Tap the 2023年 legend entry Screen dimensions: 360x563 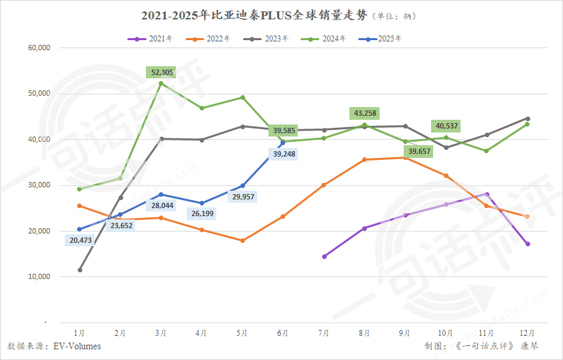[x=265, y=39]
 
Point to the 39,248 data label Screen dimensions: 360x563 [x=283, y=154]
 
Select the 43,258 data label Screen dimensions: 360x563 [x=364, y=113]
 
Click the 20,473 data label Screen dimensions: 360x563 [x=80, y=240]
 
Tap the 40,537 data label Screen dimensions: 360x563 [x=448, y=125]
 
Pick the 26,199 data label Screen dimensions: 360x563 [x=202, y=214]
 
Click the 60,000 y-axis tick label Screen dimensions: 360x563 [x=39, y=48]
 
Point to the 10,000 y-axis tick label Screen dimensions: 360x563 [x=39, y=276]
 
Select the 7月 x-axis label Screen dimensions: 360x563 [x=324, y=333]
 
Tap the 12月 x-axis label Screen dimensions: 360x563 [x=528, y=333]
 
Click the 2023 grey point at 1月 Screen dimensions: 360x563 [x=80, y=270]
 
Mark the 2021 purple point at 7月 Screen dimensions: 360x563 [x=324, y=256]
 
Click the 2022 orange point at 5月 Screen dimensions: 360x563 [x=242, y=240]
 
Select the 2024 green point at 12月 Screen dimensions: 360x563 [x=528, y=124]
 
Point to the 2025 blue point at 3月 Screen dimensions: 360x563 [x=161, y=194]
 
